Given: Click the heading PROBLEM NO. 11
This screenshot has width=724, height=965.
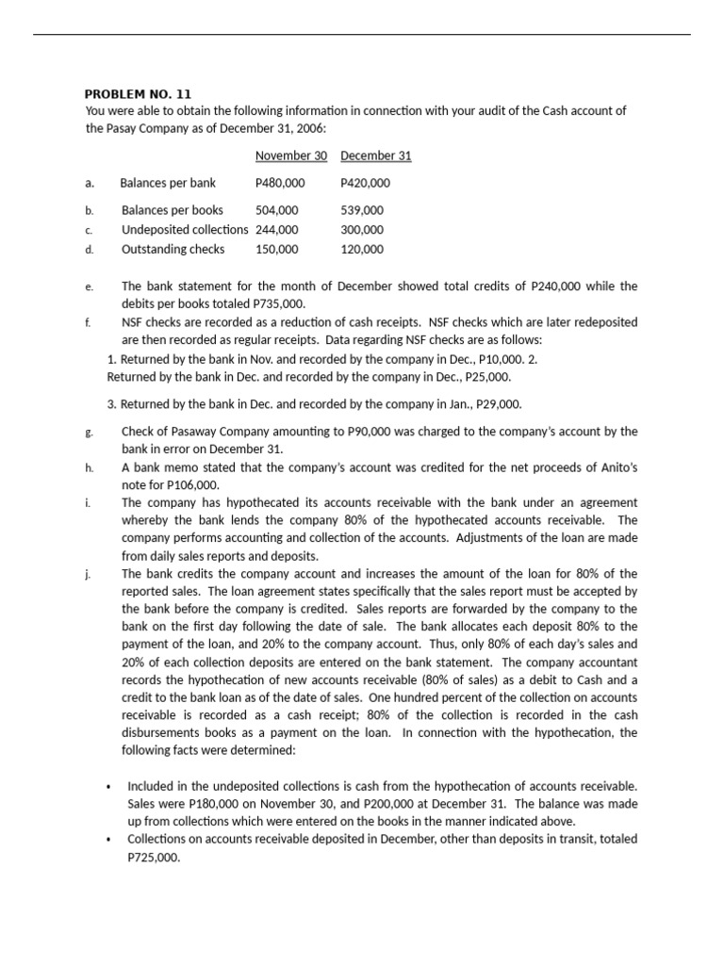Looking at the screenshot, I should point(138,93).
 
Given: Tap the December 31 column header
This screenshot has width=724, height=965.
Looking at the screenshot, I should point(375,155).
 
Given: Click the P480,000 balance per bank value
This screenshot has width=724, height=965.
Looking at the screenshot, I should point(280,183).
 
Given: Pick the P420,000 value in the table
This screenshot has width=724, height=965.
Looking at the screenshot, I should point(365,183).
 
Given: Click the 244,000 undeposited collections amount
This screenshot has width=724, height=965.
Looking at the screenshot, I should point(276,229).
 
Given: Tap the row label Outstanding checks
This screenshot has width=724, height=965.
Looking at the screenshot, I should point(173,249).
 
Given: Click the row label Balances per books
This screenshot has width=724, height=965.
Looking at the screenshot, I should point(173,210).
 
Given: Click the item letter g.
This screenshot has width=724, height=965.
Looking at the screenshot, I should point(88,432).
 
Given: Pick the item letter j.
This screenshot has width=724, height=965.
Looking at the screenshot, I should point(87,574).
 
